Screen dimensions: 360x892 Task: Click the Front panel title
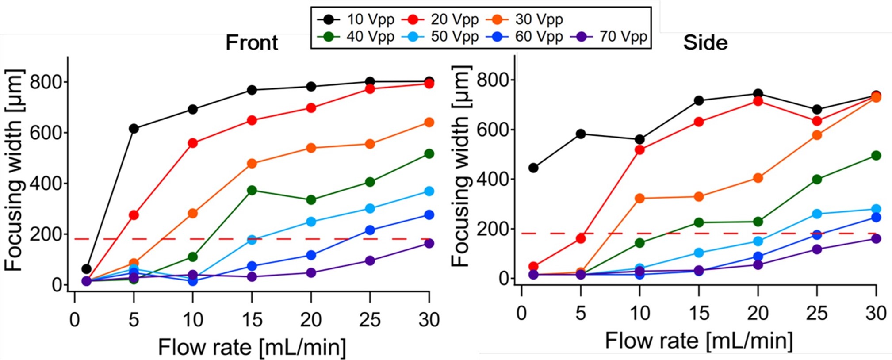coord(252,43)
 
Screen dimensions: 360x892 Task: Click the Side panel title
coord(705,43)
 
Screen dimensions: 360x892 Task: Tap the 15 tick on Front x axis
coord(252,319)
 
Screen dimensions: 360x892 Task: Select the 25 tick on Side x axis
coord(816,313)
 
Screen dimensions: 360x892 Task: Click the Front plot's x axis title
coord(252,347)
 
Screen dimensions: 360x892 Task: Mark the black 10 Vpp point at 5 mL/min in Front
coord(134,129)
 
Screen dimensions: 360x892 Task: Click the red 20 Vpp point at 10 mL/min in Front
coord(192,143)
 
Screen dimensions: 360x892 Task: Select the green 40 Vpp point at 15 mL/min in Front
coord(252,190)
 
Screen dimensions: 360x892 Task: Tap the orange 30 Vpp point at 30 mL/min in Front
coord(429,122)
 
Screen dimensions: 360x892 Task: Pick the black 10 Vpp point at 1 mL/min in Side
coord(533,168)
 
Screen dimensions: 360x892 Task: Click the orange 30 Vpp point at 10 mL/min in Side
coord(639,198)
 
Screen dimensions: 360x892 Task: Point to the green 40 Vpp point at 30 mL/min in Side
coord(876,155)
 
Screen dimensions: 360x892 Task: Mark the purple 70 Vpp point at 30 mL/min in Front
coord(429,243)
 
